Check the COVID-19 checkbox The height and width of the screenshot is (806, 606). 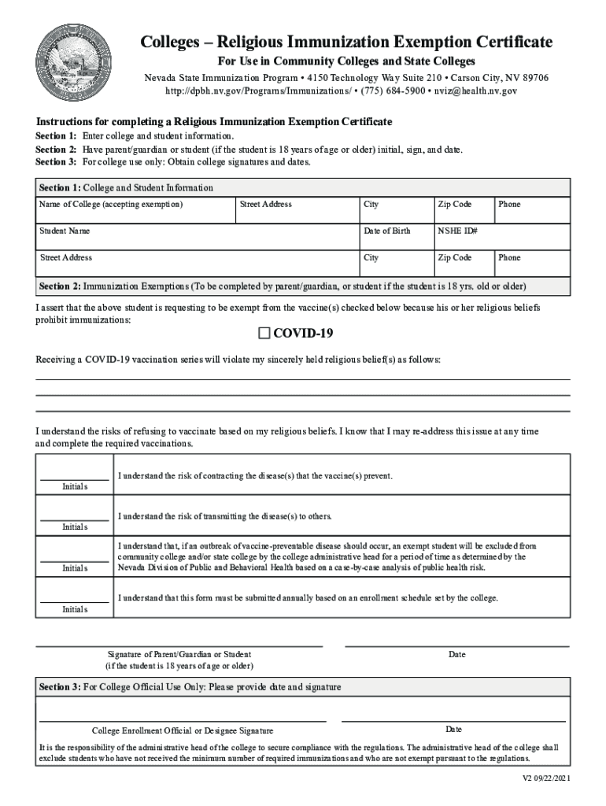point(264,334)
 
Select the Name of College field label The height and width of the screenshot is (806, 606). point(111,205)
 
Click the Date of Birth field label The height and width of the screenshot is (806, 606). point(386,231)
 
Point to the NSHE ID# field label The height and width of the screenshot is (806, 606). point(458,231)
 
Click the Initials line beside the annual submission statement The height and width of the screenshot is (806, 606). point(75,599)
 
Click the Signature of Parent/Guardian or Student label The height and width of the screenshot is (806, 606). point(179,655)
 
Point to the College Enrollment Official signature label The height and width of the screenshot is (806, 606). point(183,730)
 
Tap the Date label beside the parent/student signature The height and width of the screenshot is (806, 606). point(456,655)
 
